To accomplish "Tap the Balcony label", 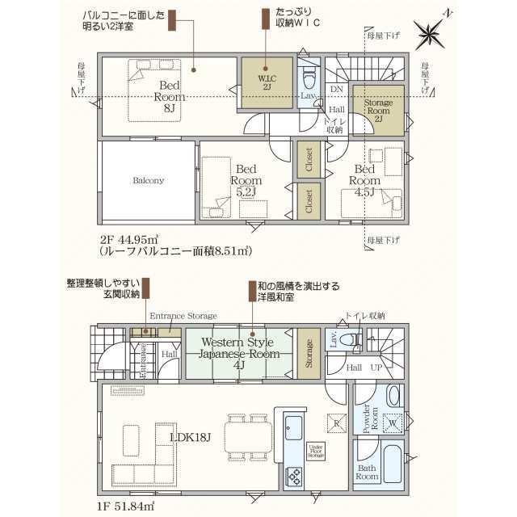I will (x=149, y=180).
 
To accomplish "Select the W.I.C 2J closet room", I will (x=266, y=82).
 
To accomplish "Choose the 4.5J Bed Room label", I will (x=364, y=181).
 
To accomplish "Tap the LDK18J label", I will (x=191, y=437).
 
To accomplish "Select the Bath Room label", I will (x=367, y=471).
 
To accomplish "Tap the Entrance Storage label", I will (x=183, y=314).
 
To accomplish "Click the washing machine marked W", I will (x=393, y=422).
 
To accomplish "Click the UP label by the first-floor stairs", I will (x=377, y=368).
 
